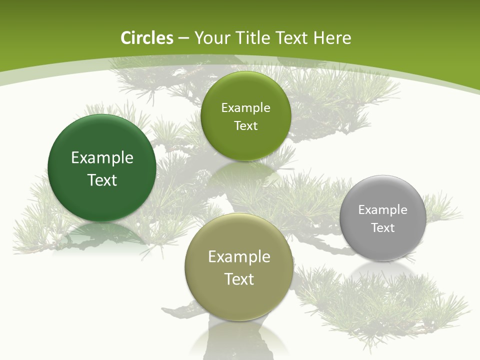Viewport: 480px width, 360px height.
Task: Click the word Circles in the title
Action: tap(147, 38)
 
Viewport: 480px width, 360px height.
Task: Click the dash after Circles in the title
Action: tap(183, 38)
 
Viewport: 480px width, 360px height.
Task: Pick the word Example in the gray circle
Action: tap(383, 210)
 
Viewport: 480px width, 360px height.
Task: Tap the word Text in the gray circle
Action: tap(383, 228)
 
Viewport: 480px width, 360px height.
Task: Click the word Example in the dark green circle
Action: tap(102, 158)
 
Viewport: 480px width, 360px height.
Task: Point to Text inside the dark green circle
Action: tap(102, 180)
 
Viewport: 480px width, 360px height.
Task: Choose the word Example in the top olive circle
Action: tap(245, 108)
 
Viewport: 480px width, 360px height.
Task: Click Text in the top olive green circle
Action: tap(245, 126)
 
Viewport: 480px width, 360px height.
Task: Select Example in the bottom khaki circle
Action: tap(239, 257)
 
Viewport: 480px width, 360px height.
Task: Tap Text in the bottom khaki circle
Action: tap(239, 279)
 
